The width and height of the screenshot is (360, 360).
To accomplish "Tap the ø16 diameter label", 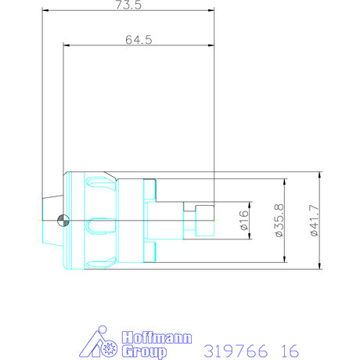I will point(243,221).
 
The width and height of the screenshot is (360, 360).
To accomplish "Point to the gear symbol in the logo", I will point(108,344).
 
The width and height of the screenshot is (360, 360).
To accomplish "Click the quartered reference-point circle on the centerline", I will point(64,221).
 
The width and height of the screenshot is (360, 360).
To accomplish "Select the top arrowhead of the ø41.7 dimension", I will point(320,174).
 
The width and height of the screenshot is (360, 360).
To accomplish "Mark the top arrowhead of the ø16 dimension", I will point(249,205).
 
